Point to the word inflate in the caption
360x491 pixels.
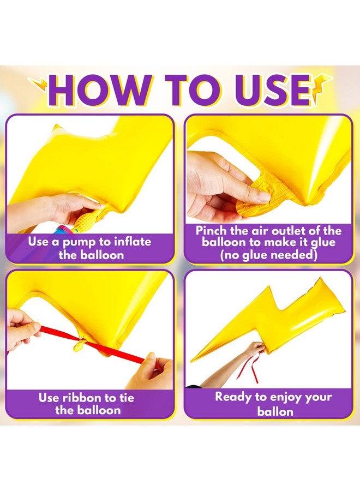[133, 242]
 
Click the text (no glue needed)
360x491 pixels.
[268, 255]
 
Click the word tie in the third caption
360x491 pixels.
[126, 398]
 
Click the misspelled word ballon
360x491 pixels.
[275, 411]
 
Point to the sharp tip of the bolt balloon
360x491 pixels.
[192, 361]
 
